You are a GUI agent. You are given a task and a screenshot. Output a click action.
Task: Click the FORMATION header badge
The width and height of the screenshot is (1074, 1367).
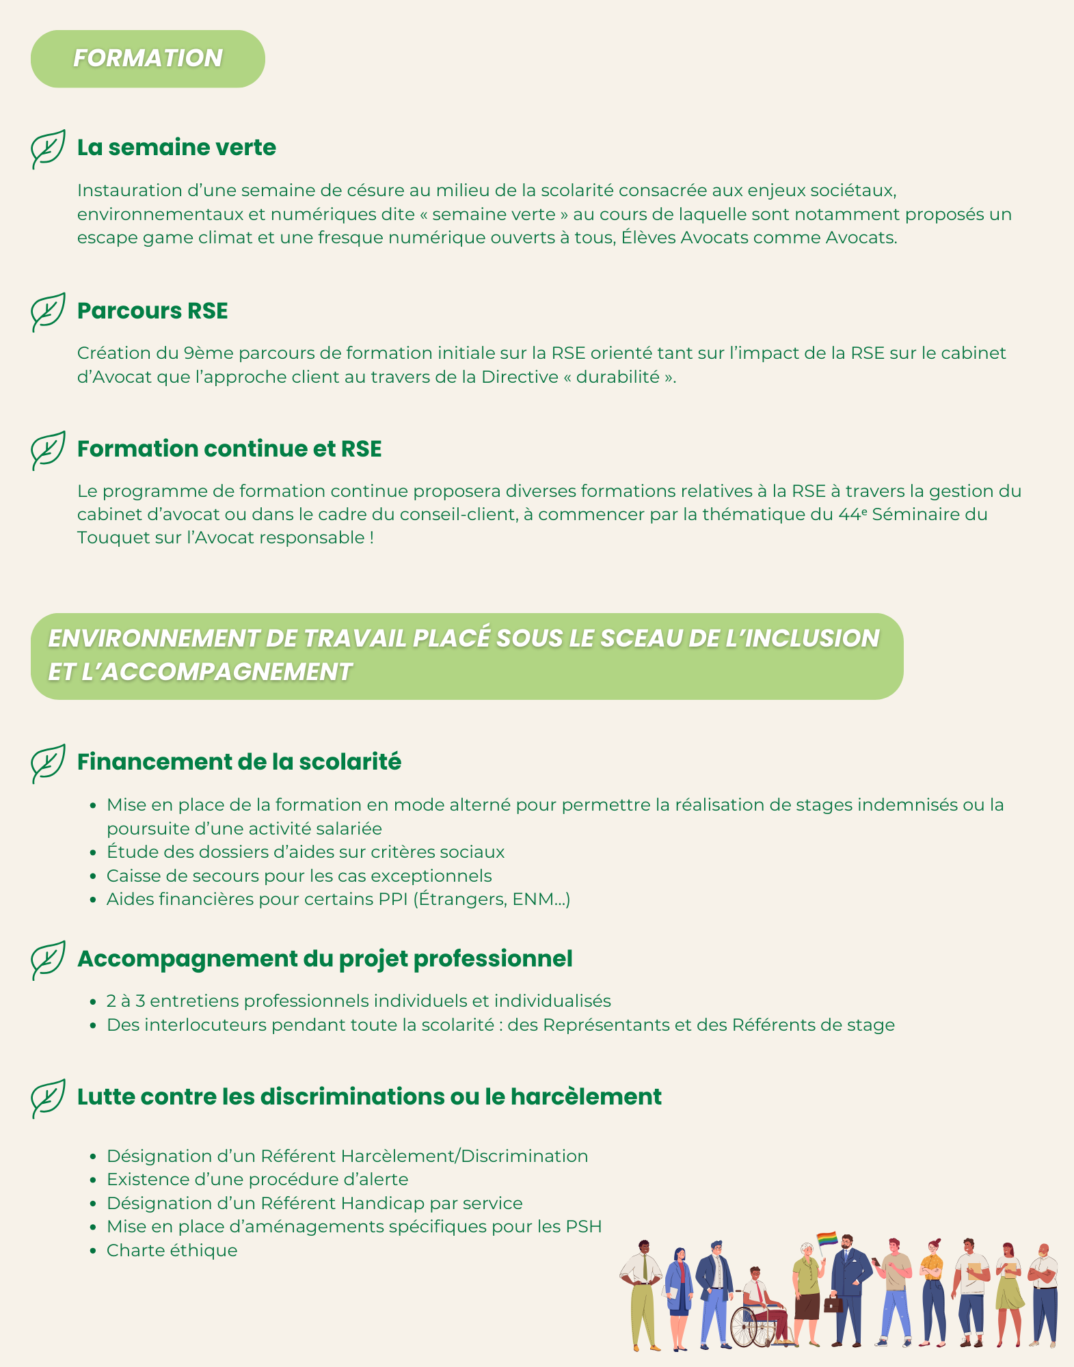(x=148, y=59)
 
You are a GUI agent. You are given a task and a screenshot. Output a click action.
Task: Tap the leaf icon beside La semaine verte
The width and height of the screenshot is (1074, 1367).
(x=48, y=148)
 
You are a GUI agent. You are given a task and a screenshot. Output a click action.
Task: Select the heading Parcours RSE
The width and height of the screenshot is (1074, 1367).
(x=152, y=311)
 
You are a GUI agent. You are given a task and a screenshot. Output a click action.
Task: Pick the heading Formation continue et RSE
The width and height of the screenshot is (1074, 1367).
(x=229, y=449)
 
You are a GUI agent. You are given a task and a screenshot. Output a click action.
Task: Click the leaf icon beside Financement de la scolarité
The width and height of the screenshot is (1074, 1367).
(x=48, y=763)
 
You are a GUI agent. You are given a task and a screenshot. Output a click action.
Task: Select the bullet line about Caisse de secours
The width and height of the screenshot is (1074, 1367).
(x=299, y=876)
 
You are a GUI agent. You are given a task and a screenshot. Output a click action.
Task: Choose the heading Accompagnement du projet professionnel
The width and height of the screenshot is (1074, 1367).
(x=325, y=959)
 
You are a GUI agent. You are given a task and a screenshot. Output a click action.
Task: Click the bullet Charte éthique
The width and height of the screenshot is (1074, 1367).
(x=172, y=1251)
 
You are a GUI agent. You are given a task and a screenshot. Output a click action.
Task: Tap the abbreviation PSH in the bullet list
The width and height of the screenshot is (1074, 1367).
(x=584, y=1227)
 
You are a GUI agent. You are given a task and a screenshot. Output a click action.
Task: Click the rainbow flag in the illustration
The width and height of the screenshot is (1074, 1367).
(x=827, y=1239)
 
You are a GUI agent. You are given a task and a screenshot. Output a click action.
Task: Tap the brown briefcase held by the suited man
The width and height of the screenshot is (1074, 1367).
(x=833, y=1304)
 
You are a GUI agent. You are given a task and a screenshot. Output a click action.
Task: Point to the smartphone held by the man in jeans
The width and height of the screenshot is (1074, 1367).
(x=876, y=1261)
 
